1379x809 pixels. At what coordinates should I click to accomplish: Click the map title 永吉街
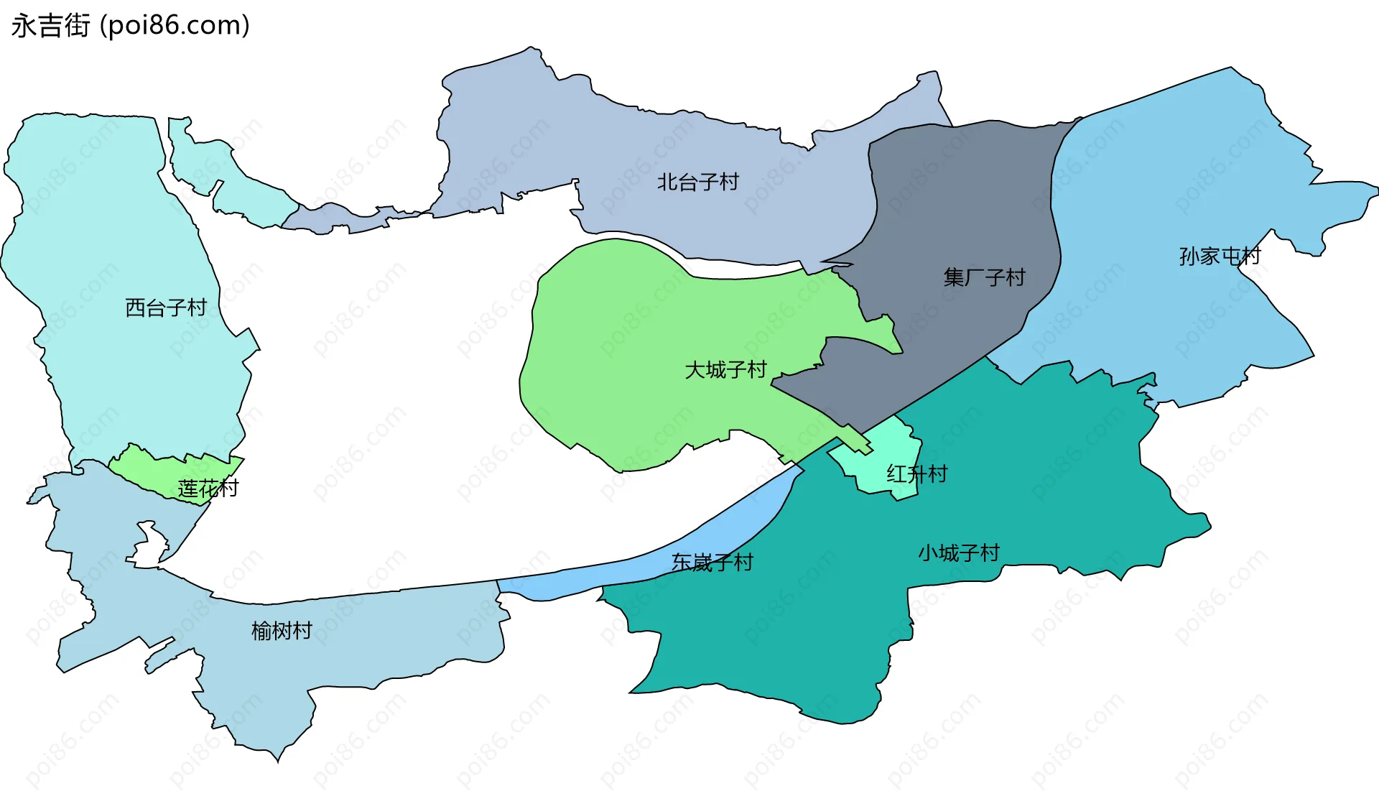pyautogui.click(x=50, y=26)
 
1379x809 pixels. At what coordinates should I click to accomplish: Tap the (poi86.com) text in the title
pyautogui.click(x=175, y=26)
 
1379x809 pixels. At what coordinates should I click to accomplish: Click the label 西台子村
pyautogui.click(x=166, y=308)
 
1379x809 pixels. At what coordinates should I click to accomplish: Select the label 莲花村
pyautogui.click(x=208, y=489)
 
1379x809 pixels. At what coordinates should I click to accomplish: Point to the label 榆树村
pyautogui.click(x=282, y=632)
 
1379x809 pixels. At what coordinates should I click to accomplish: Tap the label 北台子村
pyautogui.click(x=698, y=182)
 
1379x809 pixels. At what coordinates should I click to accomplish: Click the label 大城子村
pyautogui.click(x=726, y=371)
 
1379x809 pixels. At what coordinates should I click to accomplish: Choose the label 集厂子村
pyautogui.click(x=984, y=277)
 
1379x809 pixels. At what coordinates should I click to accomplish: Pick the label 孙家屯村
pyautogui.click(x=1220, y=256)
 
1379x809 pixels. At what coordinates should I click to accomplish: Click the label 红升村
pyautogui.click(x=917, y=474)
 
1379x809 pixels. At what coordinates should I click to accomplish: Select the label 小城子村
pyautogui.click(x=959, y=553)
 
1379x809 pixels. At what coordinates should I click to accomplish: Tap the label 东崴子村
pyautogui.click(x=712, y=563)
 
